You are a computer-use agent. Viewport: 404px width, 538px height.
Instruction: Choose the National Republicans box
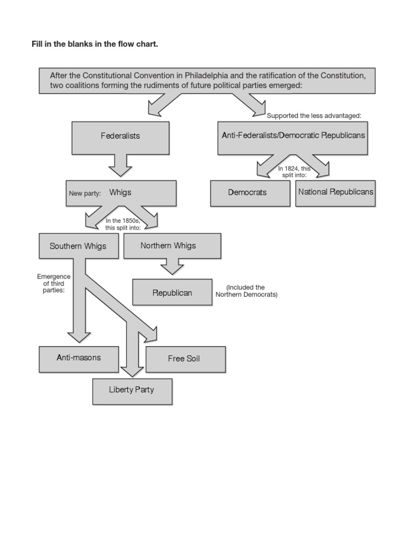pos(336,192)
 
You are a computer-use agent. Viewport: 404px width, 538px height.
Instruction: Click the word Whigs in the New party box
pos(120,193)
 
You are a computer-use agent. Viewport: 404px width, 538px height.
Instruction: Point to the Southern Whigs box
pos(78,246)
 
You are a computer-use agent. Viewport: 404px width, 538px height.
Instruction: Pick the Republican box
pos(172,293)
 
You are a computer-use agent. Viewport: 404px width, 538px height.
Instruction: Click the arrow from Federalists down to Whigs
pos(120,165)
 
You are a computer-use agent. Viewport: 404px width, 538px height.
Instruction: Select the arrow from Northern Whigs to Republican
pos(172,267)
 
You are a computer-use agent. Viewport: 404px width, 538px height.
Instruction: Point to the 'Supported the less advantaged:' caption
pos(314,116)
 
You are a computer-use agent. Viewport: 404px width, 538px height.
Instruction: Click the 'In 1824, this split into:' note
pos(295,172)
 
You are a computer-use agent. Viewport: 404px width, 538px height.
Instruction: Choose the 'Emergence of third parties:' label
pos(54,284)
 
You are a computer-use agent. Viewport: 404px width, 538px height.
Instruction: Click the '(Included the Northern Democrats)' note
pos(246,291)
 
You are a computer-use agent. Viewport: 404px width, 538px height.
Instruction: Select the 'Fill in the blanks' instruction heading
pos(95,44)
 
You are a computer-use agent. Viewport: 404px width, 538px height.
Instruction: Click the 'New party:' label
pos(85,193)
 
